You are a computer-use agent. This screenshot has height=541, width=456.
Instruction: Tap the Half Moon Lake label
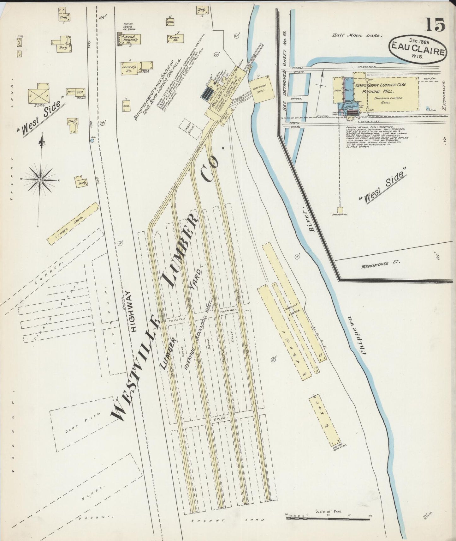357,36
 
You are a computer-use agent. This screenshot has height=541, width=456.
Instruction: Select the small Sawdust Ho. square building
340,210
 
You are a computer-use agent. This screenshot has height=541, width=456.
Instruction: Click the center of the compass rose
40,180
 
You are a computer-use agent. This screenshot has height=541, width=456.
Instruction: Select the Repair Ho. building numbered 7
173,38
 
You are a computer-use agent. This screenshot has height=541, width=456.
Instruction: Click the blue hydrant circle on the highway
92,141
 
